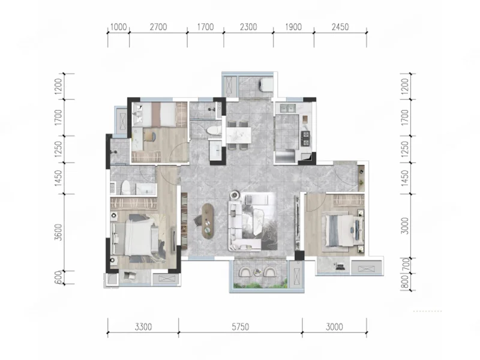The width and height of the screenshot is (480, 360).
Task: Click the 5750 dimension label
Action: tap(241, 327)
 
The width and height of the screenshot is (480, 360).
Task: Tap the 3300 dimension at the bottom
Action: tap(143, 327)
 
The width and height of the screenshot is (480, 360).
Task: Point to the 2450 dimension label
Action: tap(340, 27)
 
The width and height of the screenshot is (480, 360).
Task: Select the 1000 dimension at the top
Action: tap(118, 27)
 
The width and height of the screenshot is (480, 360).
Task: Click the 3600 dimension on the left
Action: tap(58, 232)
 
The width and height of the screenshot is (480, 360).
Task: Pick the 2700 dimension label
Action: tap(158, 27)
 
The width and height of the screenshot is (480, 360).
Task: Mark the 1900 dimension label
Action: tap(293, 27)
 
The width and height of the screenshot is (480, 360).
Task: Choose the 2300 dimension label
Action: tap(248, 27)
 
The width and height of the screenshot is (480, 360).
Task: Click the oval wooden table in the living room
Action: tap(208, 220)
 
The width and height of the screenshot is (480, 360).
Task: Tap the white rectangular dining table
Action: tap(239, 135)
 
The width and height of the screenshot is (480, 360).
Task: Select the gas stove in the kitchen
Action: tap(306, 139)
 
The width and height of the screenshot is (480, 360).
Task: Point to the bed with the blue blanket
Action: tap(341, 230)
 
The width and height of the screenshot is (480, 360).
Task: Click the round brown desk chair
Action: tap(149, 136)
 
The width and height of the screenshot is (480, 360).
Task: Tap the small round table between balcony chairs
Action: tap(258, 271)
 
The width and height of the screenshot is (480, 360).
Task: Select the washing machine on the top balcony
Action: tap(266, 84)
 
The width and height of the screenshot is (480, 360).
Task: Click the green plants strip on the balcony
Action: tap(260, 286)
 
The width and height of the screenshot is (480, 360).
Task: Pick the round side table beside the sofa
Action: tap(235, 194)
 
